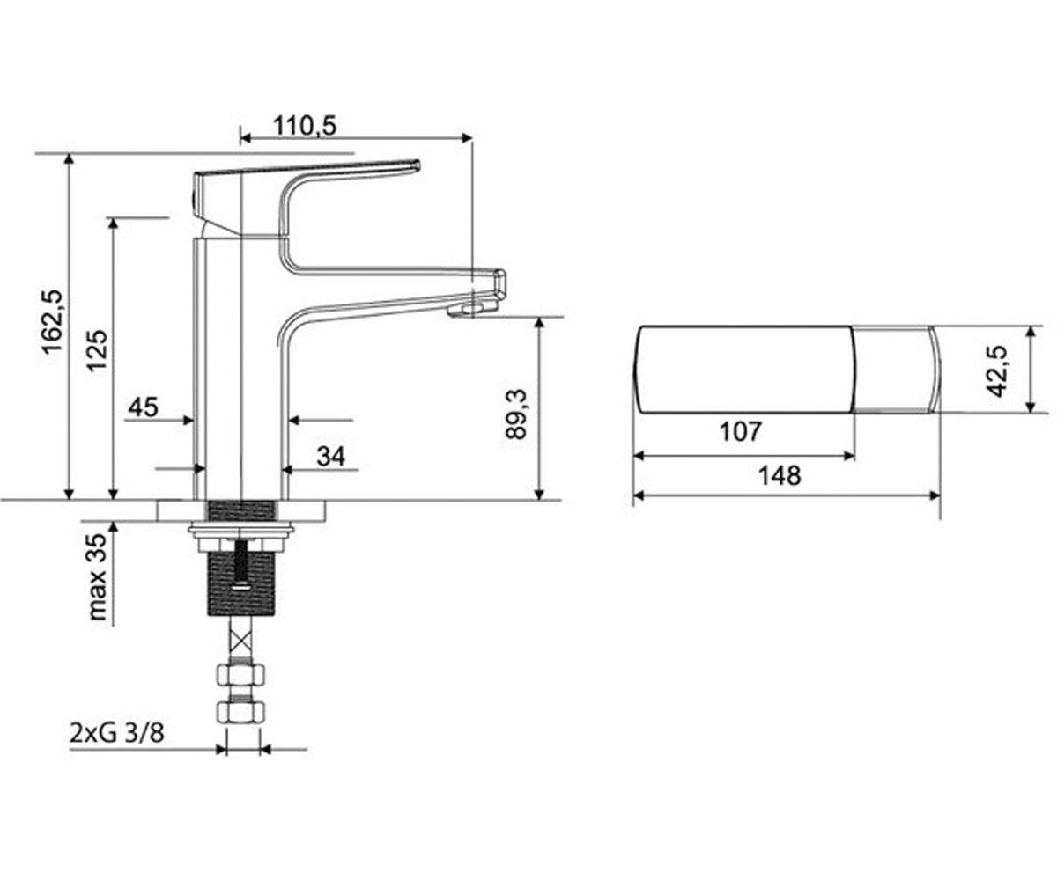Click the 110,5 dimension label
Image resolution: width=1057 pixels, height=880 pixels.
click(305, 126)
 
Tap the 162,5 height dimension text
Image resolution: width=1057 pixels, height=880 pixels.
click(52, 322)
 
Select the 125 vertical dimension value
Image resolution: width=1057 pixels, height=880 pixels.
click(97, 350)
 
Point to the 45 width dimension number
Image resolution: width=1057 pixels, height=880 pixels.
click(144, 407)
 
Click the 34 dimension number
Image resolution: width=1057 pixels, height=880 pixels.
click(331, 456)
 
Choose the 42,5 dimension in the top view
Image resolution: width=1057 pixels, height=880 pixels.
click(997, 371)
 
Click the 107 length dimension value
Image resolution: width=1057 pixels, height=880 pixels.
click(741, 431)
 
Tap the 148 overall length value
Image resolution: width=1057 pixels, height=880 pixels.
click(780, 476)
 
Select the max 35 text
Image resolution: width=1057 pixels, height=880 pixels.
click(98, 576)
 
